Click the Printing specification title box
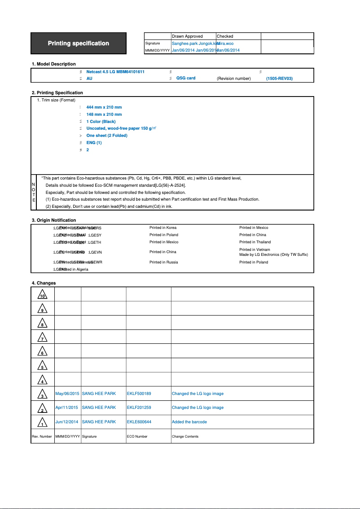[x=79, y=44]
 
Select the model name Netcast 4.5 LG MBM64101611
[x=115, y=71]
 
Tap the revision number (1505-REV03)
[x=279, y=79]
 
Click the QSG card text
[x=186, y=78]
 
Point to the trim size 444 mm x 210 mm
[x=104, y=107]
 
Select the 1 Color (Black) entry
[x=101, y=122]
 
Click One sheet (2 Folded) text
[x=107, y=136]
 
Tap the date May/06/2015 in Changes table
[x=67, y=394]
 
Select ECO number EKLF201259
[x=139, y=408]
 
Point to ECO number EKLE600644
[x=139, y=422]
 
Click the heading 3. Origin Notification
[x=54, y=220]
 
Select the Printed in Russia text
[x=163, y=262]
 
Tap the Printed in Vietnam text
[x=255, y=250]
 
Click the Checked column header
[x=225, y=36]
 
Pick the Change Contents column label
[x=185, y=436]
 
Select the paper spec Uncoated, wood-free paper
[x=114, y=128]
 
